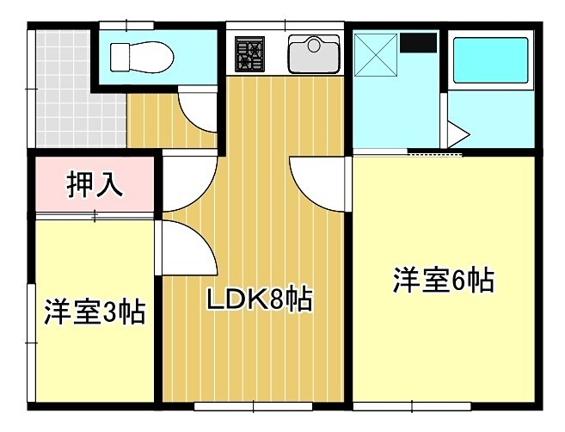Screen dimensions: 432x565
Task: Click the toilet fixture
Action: point(142,57)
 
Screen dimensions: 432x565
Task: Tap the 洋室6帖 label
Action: point(443,281)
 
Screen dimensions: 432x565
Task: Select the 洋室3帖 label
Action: point(95,311)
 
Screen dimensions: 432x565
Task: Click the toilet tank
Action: point(117,57)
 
